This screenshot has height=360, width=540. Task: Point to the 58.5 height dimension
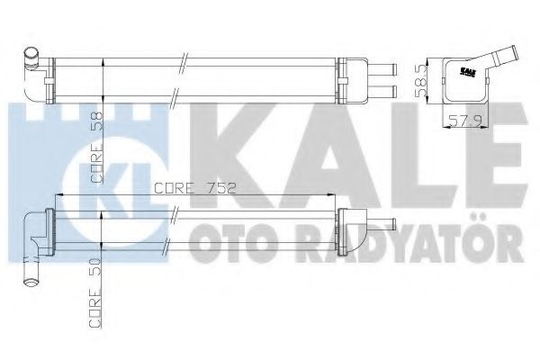tap(420, 79)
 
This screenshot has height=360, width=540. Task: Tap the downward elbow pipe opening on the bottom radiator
tap(34, 270)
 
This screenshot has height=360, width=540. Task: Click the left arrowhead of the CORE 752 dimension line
tap(59, 195)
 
